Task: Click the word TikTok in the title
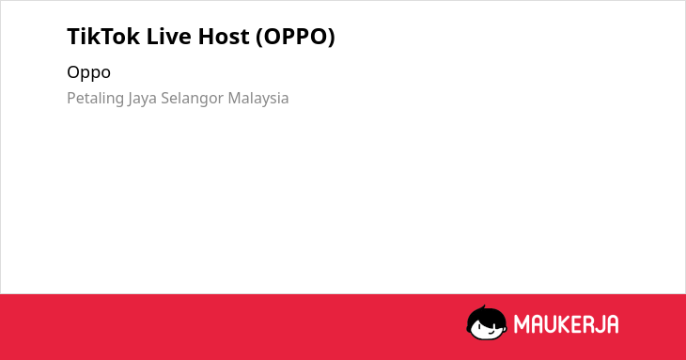coord(103,37)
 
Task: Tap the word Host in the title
coord(223,37)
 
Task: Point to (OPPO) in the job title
coord(295,37)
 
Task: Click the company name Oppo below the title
coord(89,72)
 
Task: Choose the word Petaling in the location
coord(95,99)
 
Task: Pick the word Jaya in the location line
coord(142,99)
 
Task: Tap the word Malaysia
coord(258,99)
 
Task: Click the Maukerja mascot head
coord(487,323)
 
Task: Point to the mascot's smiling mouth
coord(491,332)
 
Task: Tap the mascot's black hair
coord(487,315)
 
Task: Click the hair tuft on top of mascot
coord(483,307)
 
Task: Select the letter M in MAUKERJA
coord(522,324)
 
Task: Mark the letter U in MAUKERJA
coord(550,324)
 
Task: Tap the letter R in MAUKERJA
coord(588,324)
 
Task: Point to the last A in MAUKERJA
coord(613,324)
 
